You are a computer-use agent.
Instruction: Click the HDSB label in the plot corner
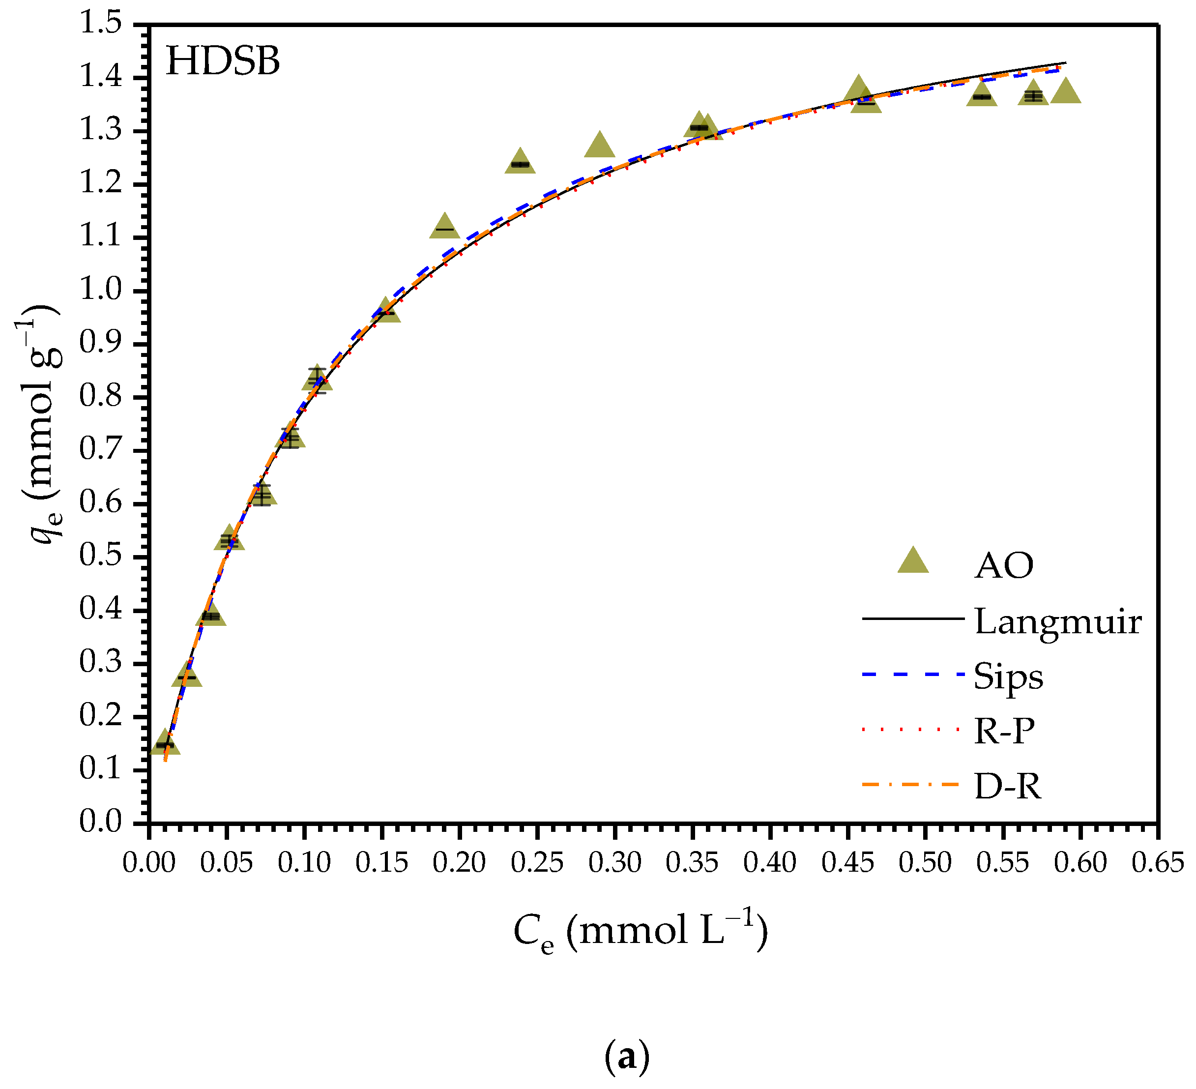tap(223, 61)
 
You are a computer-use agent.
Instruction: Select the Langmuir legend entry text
tap(1058, 622)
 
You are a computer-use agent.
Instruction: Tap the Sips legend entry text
tap(1008, 676)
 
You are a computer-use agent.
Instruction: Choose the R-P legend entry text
tap(1004, 731)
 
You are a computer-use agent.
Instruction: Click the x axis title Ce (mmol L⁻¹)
tap(641, 931)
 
